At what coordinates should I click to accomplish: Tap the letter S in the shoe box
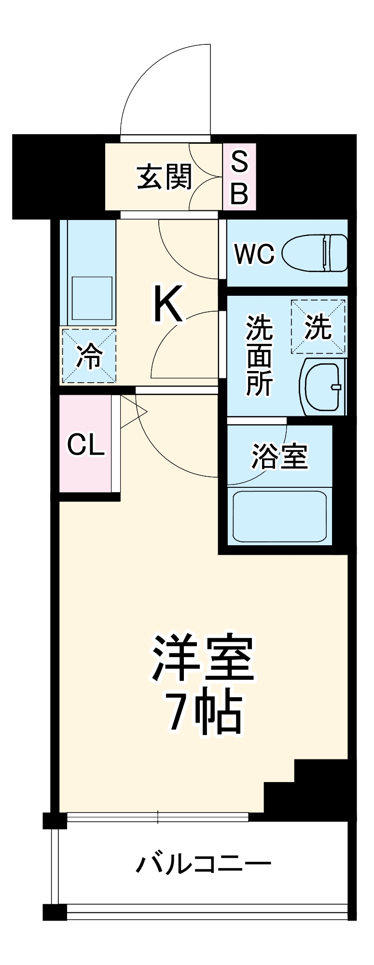pos(239,162)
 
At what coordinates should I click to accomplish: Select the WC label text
pos(254,253)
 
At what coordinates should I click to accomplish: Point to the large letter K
pos(168,304)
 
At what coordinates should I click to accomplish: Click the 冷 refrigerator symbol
pos(89,356)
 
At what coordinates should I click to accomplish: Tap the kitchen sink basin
pos(92,299)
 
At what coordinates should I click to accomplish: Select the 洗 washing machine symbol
pos(318,327)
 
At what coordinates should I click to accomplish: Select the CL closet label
pos(85,444)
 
